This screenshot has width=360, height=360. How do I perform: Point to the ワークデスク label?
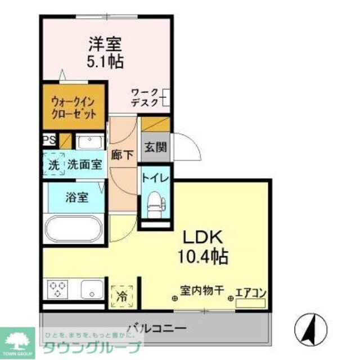[145, 97]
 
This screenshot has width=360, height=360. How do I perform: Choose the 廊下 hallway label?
[122, 155]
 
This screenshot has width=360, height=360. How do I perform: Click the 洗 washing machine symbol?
[54, 165]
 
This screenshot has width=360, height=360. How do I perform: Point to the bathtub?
[74, 229]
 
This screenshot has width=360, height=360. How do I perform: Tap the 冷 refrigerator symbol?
[121, 294]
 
